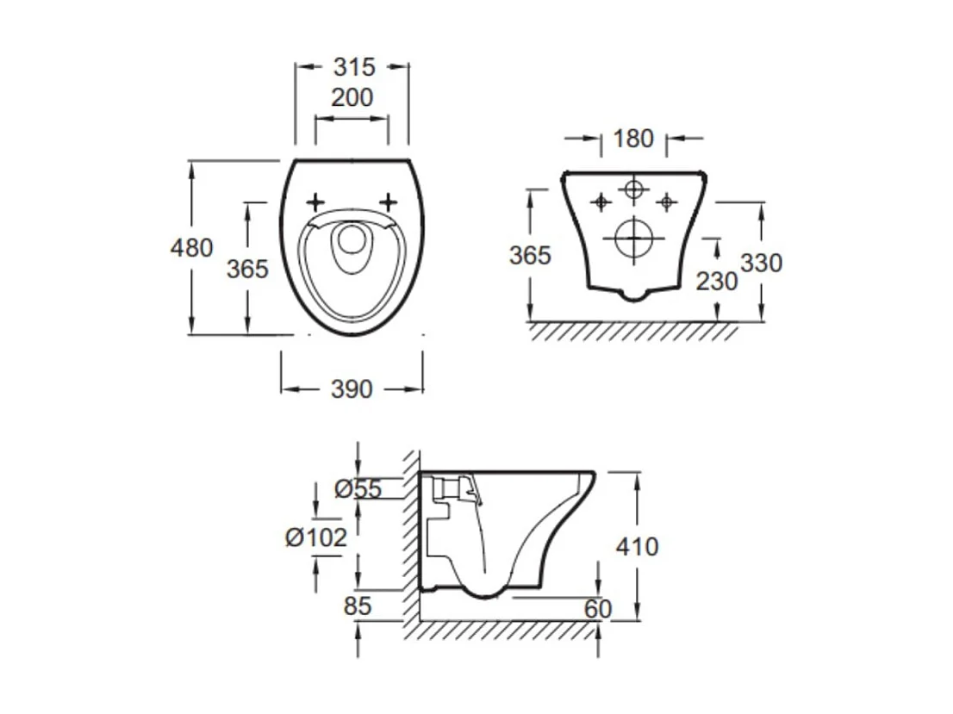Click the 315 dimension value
[354, 67]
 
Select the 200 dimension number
[352, 97]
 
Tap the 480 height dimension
[191, 248]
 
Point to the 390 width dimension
[352, 389]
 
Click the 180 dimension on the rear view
[633, 139]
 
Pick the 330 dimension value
[761, 263]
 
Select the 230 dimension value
[717, 282]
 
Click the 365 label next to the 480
[247, 269]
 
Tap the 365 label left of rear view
[530, 255]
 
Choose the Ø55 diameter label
[358, 488]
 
